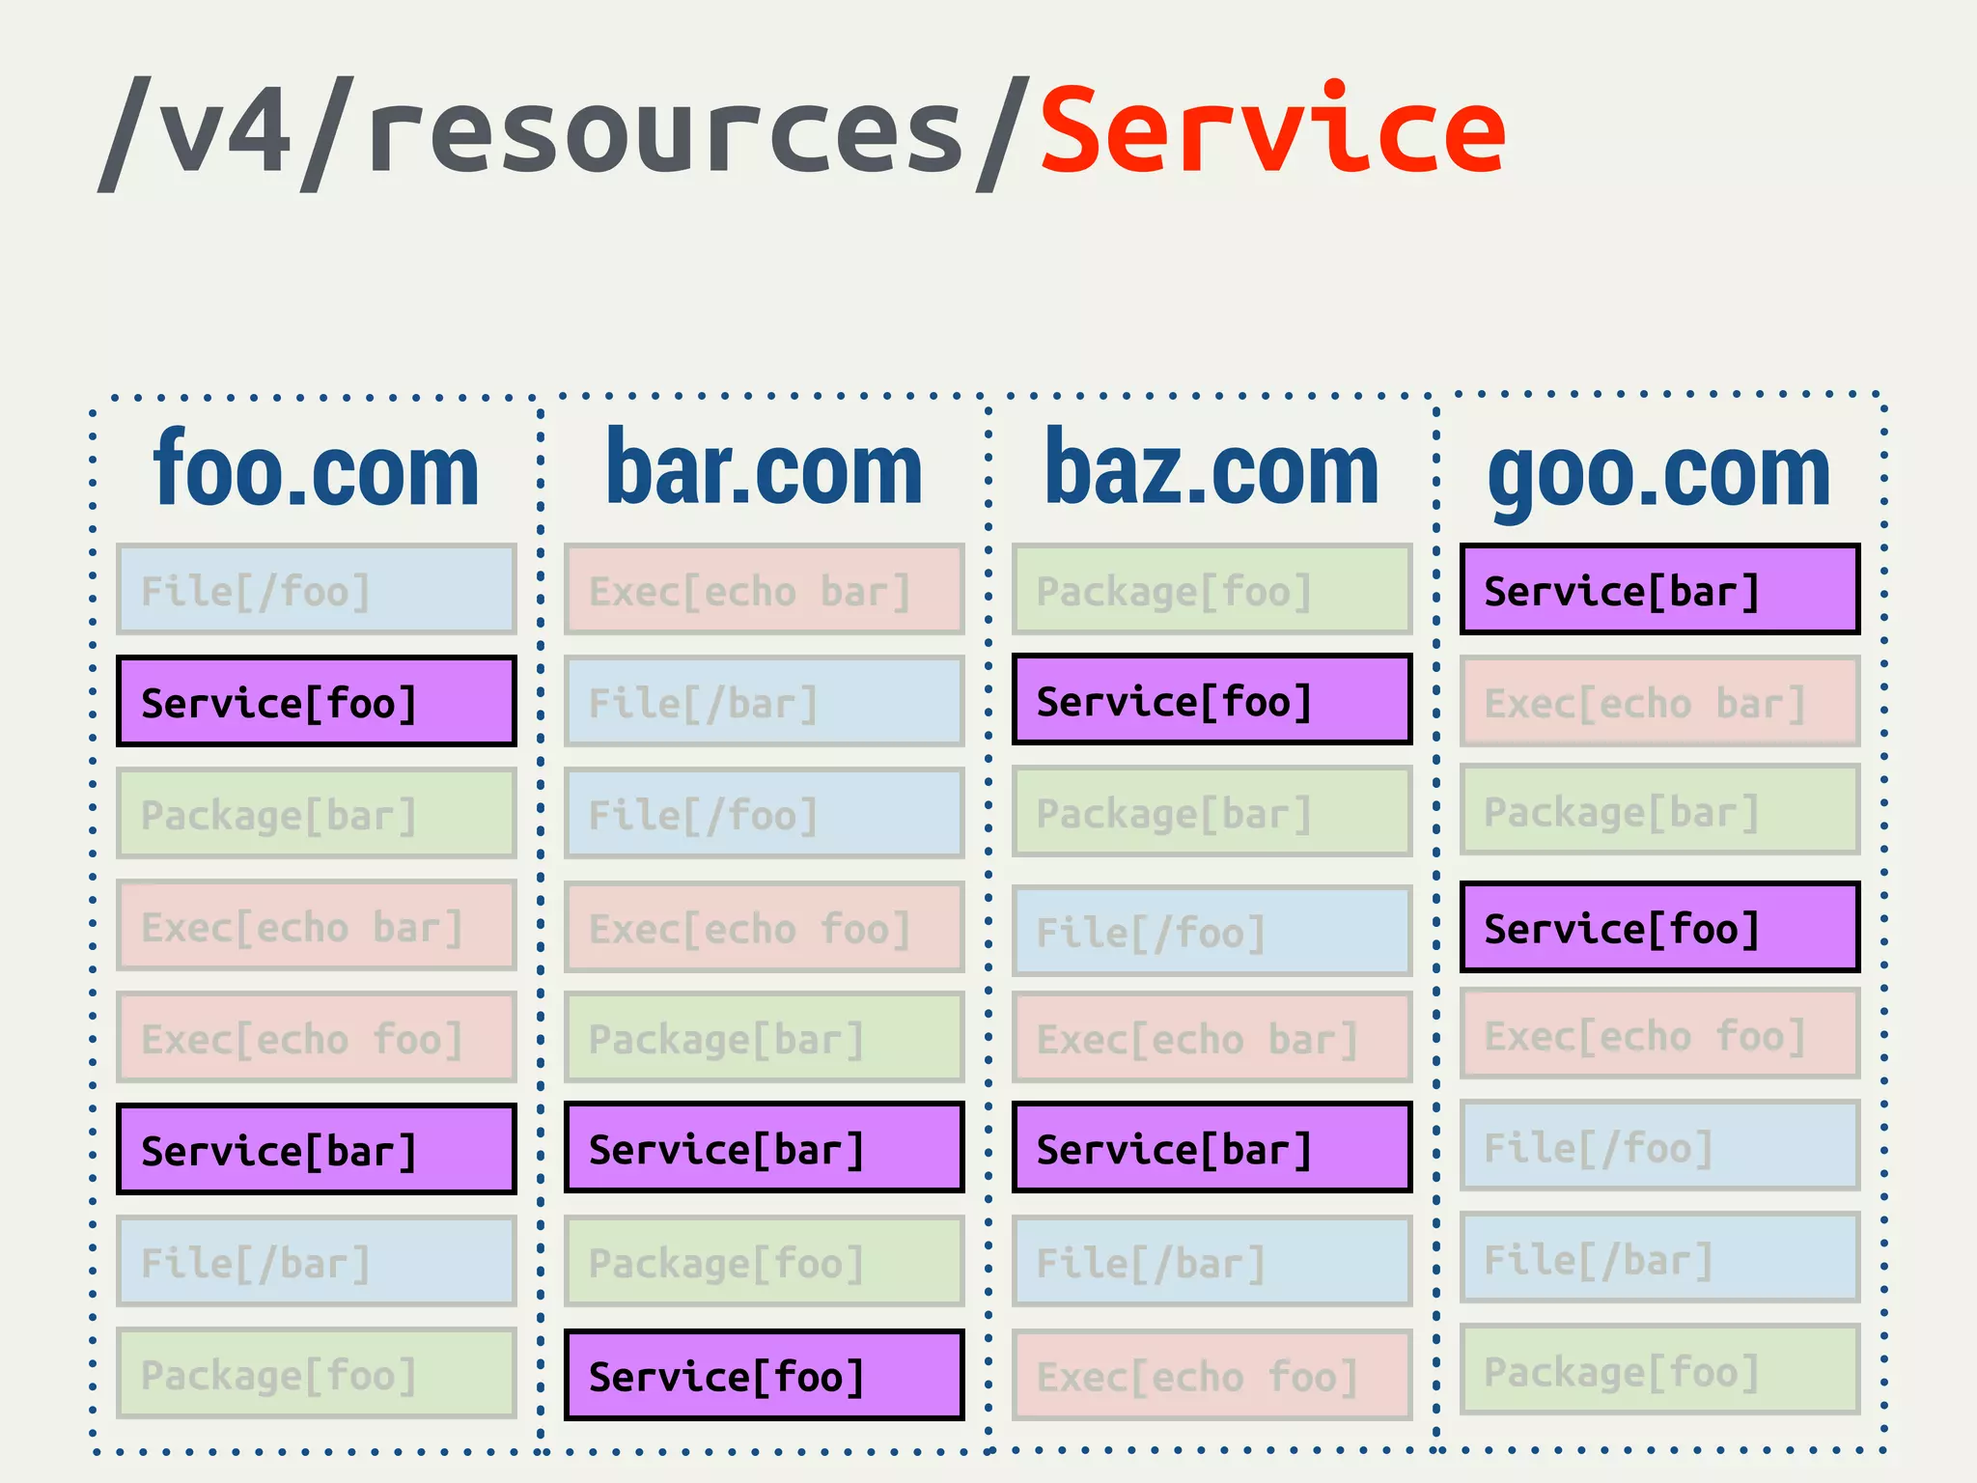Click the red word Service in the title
click(1272, 130)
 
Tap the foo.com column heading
click(316, 470)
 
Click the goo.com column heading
click(1658, 473)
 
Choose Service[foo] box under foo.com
click(316, 702)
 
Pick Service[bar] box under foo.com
click(316, 1150)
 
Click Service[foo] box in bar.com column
click(764, 1375)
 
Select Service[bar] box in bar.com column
click(764, 1148)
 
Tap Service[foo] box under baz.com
click(1211, 700)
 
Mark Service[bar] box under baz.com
click(1211, 1148)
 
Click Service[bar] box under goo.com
click(1659, 590)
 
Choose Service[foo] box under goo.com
click(1659, 927)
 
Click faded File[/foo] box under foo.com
click(316, 590)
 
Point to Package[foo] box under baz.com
click(1211, 590)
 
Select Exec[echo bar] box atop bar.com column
click(764, 590)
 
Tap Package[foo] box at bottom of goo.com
click(1659, 1370)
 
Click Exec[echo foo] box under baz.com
click(1211, 1375)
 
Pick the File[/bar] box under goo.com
click(1659, 1258)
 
